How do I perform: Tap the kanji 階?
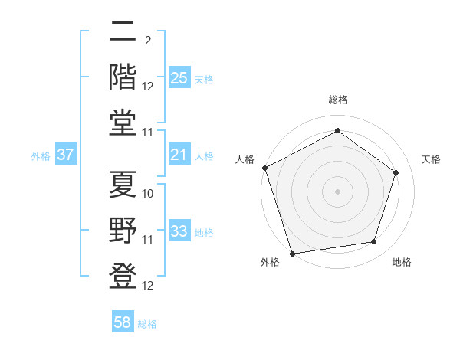tap(123, 77)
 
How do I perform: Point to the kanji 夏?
tap(123, 185)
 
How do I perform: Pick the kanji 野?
tap(123, 231)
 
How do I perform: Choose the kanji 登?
tap(123, 277)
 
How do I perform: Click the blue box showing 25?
tap(179, 78)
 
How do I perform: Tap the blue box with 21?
tap(179, 155)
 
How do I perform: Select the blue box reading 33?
tap(179, 231)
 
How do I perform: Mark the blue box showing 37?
tap(66, 155)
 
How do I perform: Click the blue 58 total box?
tap(123, 322)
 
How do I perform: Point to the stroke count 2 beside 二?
tap(147, 41)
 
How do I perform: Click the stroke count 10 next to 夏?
tap(148, 194)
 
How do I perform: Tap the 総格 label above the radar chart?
tap(337, 100)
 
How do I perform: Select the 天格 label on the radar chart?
tap(431, 159)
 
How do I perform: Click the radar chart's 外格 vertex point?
tap(292, 254)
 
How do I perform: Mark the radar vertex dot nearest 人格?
tap(264, 168)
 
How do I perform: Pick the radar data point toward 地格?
tap(374, 242)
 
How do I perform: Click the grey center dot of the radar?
tap(337, 191)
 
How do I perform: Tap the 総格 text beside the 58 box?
tap(147, 324)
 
